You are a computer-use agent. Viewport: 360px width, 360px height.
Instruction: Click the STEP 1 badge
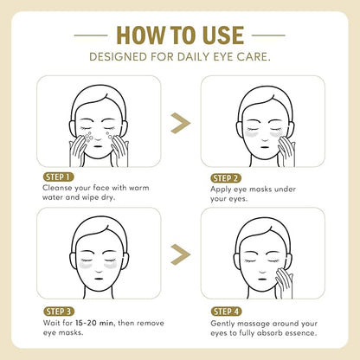pos(58,177)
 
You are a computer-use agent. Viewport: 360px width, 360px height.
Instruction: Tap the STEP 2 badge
pos(226,178)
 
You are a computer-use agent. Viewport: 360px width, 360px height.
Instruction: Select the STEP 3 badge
pos(59,312)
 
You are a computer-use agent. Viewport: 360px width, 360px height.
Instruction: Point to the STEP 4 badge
pos(227,312)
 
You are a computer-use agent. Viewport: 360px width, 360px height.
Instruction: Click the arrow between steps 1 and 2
pos(181,123)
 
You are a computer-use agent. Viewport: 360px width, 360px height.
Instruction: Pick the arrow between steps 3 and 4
pos(181,254)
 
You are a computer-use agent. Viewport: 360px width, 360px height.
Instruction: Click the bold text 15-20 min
pos(94,323)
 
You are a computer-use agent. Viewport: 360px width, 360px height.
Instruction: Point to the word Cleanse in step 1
pos(57,188)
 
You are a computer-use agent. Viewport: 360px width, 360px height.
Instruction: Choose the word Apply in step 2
pos(221,190)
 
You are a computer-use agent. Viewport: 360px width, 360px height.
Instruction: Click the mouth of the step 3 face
pos(99,279)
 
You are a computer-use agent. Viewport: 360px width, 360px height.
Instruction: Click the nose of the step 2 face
pos(265,139)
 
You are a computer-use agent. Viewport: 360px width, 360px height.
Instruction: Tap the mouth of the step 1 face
pos(98,145)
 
